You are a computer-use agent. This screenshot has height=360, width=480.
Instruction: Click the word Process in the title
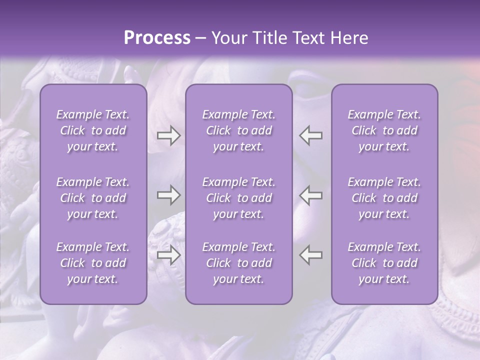157,38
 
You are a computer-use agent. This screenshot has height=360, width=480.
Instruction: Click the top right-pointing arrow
168,135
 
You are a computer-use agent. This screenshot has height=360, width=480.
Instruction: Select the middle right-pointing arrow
168,195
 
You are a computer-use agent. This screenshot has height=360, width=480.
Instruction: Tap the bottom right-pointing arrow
168,255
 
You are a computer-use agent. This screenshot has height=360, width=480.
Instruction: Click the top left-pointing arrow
311,135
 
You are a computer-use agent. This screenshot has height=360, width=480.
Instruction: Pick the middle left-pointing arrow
311,195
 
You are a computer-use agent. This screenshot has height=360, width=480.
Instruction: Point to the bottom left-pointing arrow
311,255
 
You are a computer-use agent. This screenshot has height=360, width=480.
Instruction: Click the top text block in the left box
93,130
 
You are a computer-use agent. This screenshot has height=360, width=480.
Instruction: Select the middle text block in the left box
93,198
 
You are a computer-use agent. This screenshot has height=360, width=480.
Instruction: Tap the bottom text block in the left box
93,263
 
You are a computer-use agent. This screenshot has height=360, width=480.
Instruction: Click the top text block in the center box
239,130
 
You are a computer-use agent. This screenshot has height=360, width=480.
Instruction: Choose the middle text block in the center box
239,198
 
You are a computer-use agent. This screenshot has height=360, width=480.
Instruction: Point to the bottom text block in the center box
239,263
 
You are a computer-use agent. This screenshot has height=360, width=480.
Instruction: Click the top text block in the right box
384,130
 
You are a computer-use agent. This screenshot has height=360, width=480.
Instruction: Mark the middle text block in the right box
384,198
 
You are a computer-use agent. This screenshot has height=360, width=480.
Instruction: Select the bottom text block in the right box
384,263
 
